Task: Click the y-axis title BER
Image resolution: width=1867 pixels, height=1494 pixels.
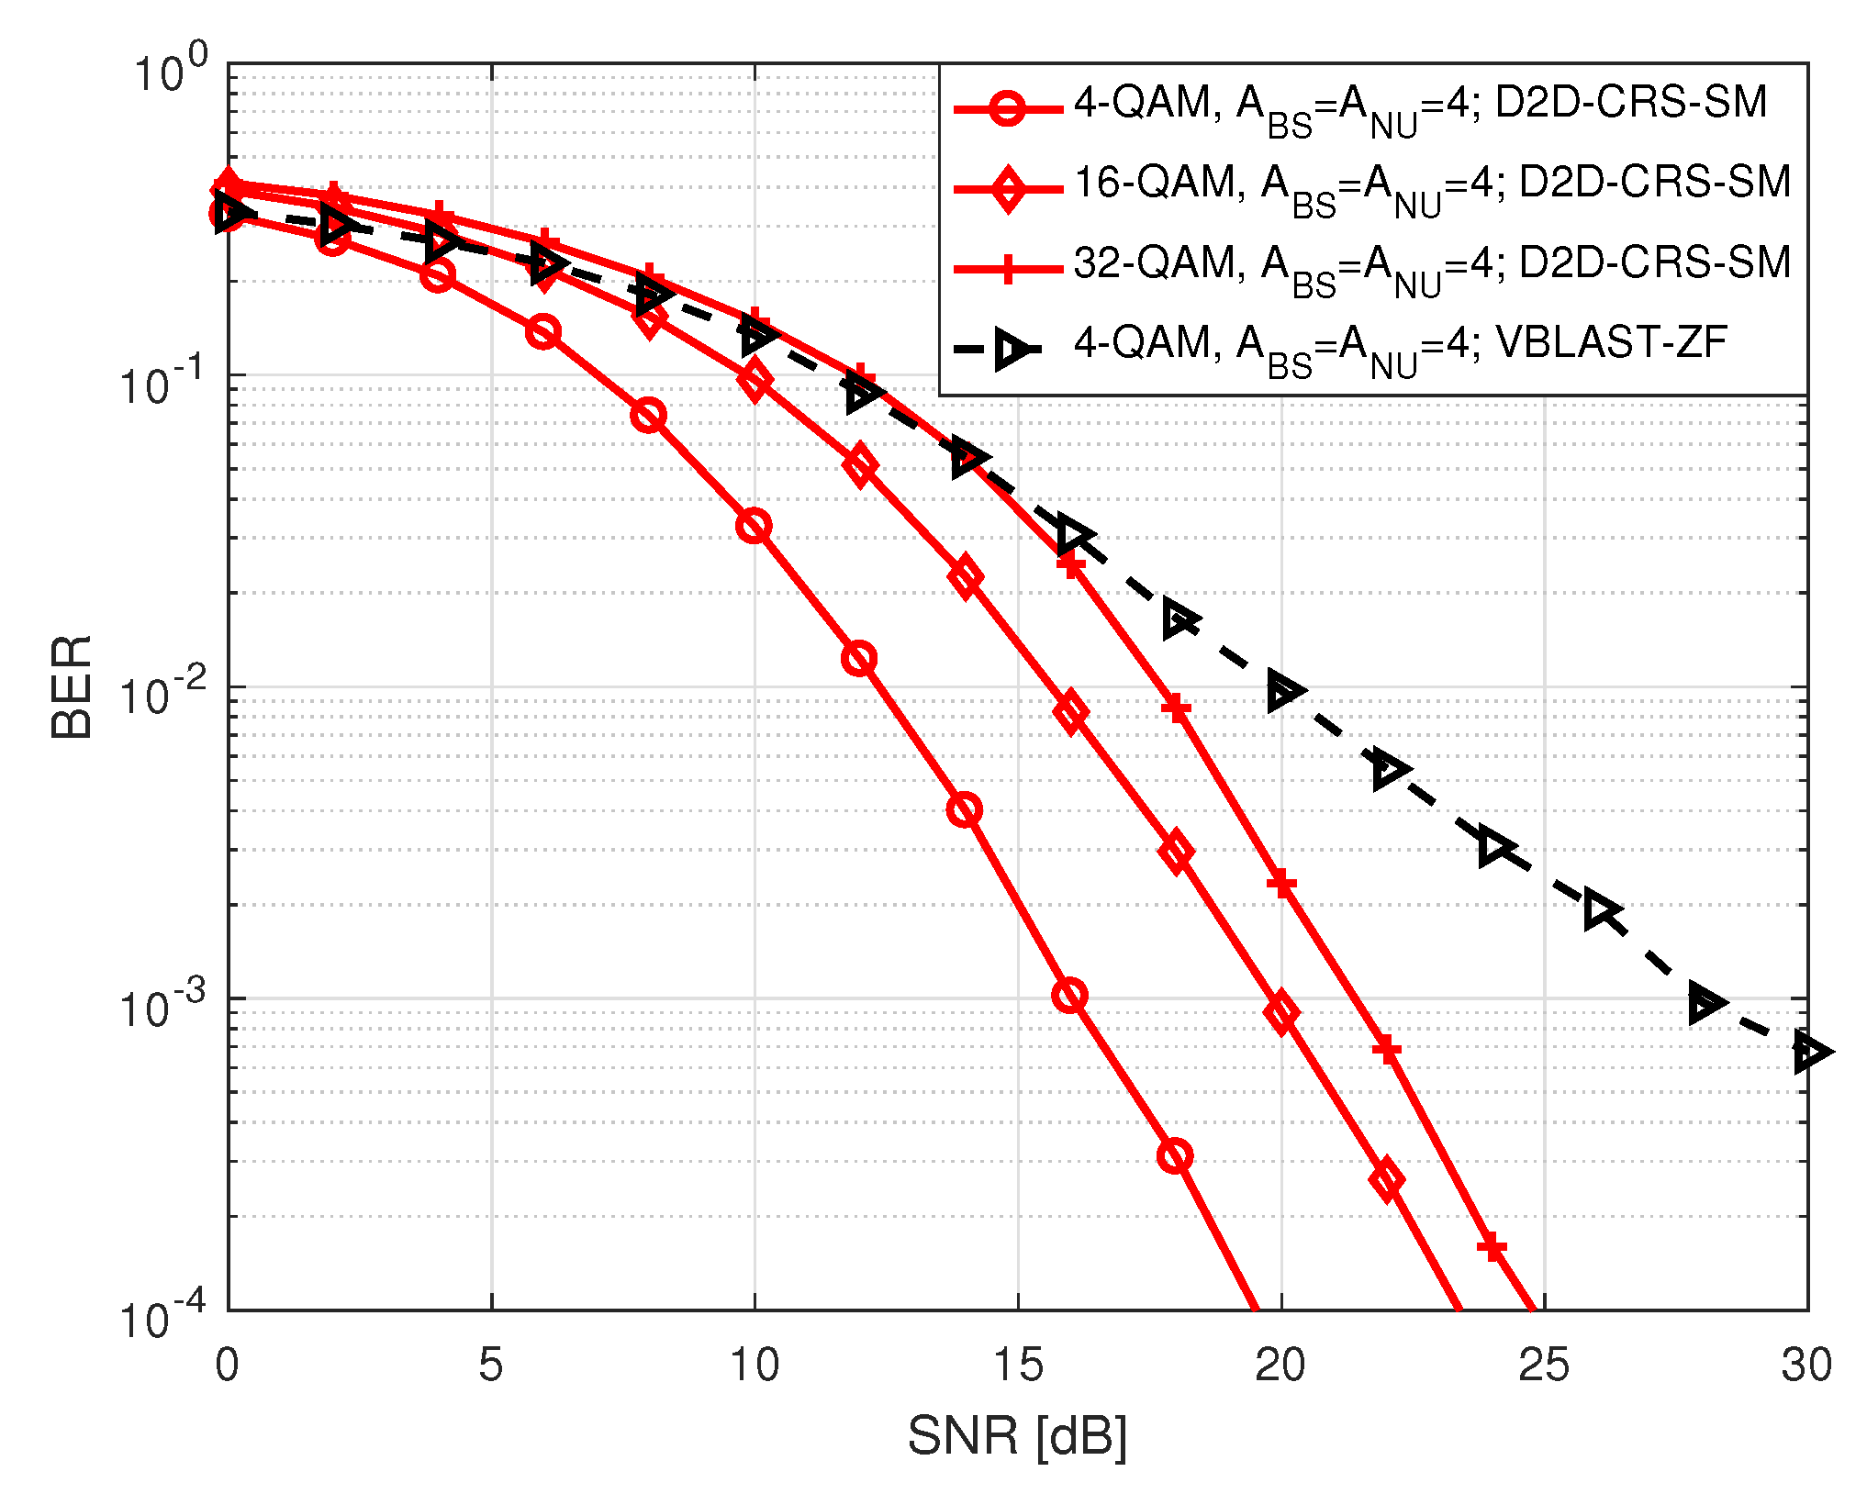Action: (x=71, y=686)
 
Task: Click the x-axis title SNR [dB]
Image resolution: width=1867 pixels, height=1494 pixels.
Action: (x=1017, y=1435)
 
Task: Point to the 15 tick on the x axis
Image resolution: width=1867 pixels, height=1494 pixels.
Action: (x=1018, y=1365)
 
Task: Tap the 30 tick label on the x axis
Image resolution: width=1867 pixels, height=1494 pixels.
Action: (x=1806, y=1365)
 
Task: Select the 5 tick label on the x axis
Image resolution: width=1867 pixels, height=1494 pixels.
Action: (x=491, y=1365)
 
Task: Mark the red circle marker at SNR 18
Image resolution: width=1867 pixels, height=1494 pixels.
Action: (x=1176, y=1155)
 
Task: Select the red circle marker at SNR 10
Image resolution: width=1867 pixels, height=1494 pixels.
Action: (x=754, y=527)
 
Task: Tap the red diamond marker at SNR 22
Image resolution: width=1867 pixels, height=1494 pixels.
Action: (x=1386, y=1179)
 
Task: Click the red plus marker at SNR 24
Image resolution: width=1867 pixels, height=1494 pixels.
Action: (x=1492, y=1247)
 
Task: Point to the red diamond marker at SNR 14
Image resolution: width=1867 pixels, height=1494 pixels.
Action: (x=965, y=577)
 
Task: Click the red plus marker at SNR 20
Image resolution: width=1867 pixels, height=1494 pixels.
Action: (x=1281, y=884)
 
